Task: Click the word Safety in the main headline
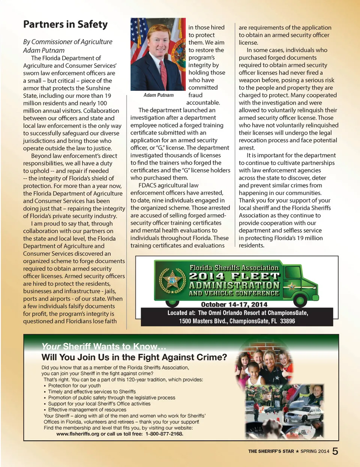92,25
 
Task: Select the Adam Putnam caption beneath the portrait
158,95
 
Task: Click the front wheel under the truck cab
300,300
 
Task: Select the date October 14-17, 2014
234,305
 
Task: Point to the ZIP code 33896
287,321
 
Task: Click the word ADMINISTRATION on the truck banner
234,285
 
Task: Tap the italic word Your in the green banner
51,346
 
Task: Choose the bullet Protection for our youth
74,386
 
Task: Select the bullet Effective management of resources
87,410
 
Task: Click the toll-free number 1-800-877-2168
164,434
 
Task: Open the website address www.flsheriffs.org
78,434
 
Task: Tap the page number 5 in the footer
335,451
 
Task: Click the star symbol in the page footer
297,451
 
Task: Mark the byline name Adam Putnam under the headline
44,50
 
